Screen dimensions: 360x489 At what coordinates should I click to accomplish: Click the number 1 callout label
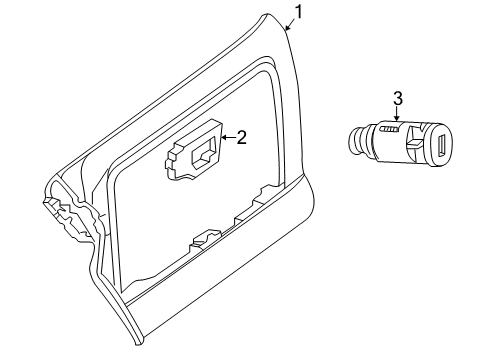coord(296,14)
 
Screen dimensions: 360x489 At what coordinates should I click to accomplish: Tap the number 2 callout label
coord(241,137)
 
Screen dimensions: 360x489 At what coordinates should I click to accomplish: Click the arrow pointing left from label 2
coord(226,138)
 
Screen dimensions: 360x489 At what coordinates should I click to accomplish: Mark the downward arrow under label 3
coord(397,119)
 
